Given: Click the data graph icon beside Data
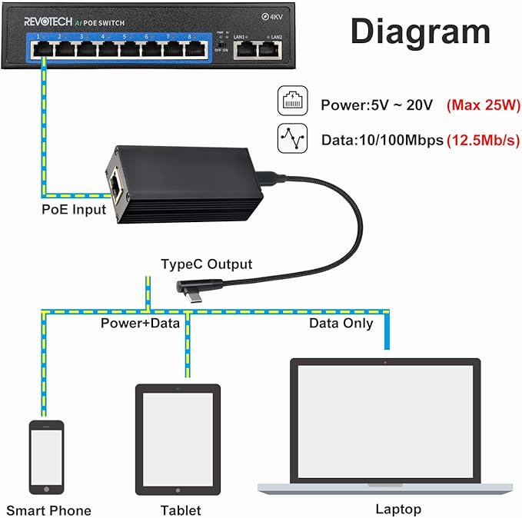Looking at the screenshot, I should (291, 139).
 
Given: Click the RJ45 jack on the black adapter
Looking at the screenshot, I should (116, 184).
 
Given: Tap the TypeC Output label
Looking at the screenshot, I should (206, 264).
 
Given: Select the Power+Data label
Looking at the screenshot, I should (140, 323).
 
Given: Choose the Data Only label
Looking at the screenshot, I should (341, 323).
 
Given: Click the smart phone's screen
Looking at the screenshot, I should (46, 457).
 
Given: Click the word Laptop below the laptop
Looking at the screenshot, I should (397, 509).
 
